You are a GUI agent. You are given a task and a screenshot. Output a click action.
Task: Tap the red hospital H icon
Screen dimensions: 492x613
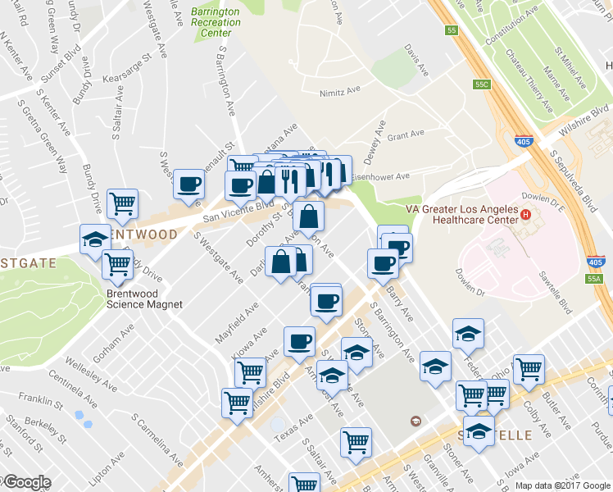[525, 216]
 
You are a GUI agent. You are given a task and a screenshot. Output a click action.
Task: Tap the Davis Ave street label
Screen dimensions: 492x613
[418, 61]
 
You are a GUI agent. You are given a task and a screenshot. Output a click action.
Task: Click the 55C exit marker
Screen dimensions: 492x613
[482, 84]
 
